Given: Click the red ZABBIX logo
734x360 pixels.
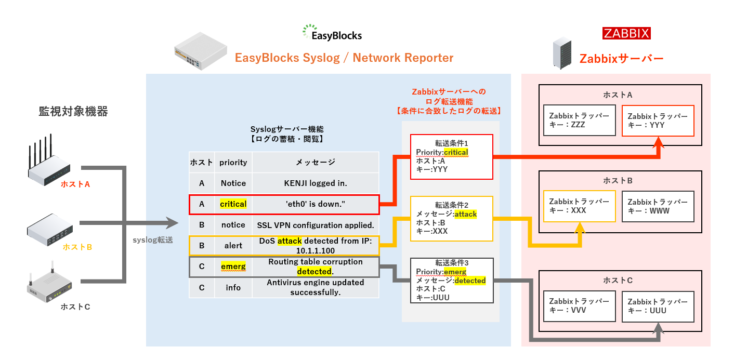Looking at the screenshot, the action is point(626,33).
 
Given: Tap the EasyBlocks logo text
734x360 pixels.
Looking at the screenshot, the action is point(336,35).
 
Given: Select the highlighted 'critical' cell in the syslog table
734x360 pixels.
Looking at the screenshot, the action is point(233,204).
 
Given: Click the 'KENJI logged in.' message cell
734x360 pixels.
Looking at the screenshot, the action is point(315,183).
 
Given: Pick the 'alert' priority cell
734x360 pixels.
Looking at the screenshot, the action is point(233,246).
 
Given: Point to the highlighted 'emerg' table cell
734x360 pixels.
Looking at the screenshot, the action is point(233,266).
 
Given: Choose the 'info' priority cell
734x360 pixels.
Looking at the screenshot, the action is point(233,288).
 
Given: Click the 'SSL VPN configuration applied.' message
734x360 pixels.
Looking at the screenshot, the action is point(315,225).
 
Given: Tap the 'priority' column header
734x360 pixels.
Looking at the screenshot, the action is point(233,163).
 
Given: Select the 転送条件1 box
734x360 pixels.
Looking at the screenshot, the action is point(452,156).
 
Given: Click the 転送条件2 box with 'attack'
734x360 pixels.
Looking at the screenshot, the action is point(452,219).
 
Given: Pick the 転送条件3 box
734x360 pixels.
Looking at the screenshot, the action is point(452,281).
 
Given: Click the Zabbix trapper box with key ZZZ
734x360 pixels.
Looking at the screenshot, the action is point(579,120).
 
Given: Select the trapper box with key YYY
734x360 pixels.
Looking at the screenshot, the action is point(658,121).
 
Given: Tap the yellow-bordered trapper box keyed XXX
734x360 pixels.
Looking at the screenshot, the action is point(579,206).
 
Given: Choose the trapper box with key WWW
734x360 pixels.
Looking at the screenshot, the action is point(658,207).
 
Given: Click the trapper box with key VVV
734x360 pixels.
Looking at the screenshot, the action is point(579,306).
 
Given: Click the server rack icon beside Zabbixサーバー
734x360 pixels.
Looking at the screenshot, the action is point(562,53).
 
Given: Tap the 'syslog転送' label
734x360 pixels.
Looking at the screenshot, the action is point(153,240).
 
